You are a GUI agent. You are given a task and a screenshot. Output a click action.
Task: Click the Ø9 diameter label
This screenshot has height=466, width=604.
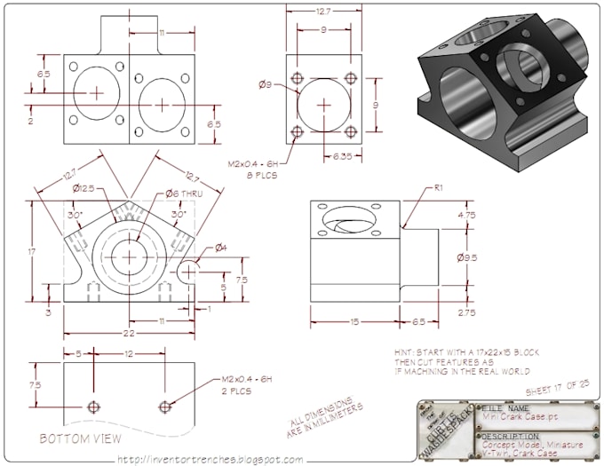point(265,85)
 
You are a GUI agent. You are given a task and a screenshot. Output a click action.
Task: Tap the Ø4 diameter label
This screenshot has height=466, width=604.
point(220,247)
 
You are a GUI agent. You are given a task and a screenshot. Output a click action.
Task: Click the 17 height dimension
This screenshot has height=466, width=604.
point(31,252)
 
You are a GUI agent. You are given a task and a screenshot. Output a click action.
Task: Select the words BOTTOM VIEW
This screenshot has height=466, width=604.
point(81,438)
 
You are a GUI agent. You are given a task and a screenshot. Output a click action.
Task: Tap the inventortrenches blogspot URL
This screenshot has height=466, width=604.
point(210,459)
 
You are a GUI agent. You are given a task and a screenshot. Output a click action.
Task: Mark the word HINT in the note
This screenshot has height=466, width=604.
point(405,352)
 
